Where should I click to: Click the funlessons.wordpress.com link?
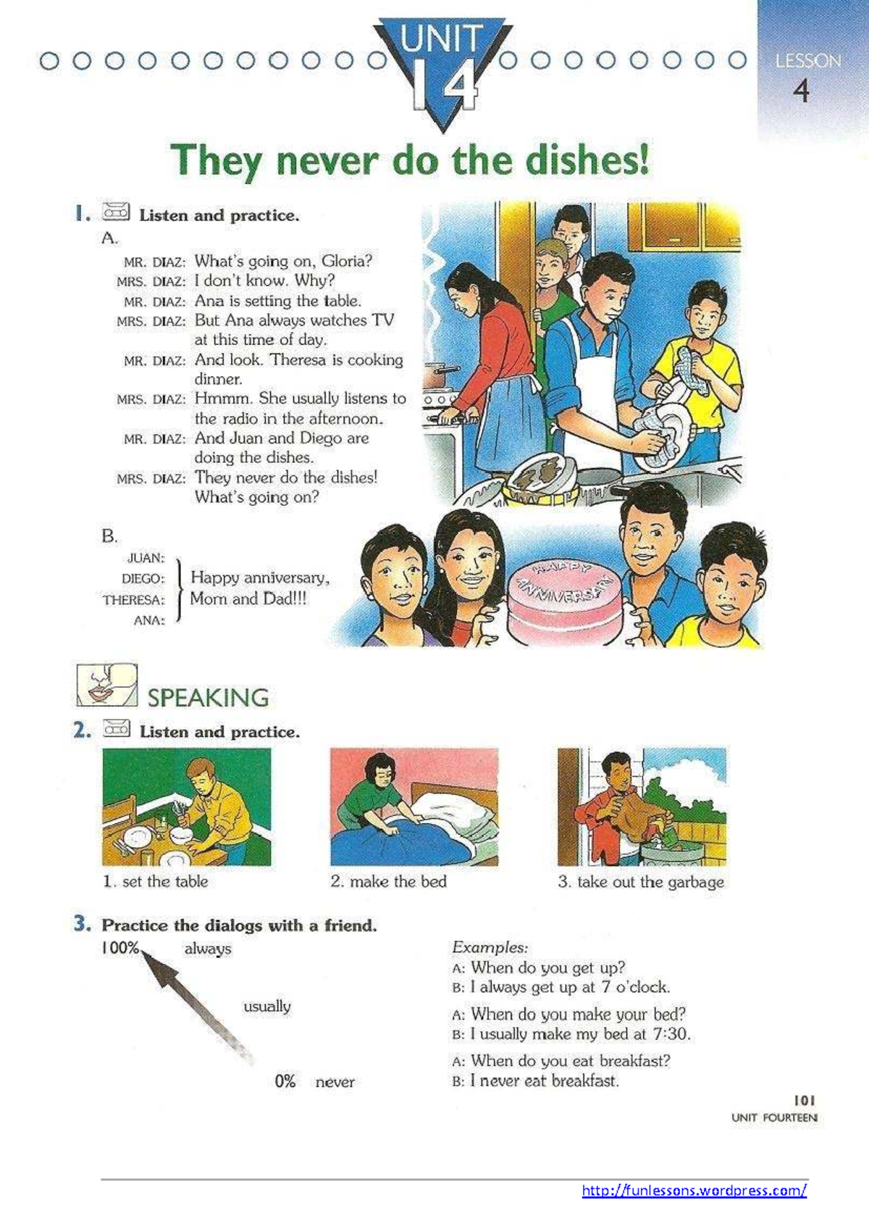[694, 1190]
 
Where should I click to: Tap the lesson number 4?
[800, 91]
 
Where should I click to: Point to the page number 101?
[804, 1100]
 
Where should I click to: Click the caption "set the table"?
[164, 882]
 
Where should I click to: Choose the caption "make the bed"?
[398, 882]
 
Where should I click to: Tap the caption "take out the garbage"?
[650, 882]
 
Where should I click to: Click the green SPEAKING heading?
[208, 698]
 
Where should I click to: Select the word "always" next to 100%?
[208, 949]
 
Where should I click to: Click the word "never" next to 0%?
[335, 1082]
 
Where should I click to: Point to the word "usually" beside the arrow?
[266, 1007]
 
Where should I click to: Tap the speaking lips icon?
[106, 685]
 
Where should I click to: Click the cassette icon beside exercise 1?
[116, 212]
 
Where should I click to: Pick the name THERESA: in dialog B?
[133, 600]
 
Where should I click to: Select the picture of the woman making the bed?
[414, 807]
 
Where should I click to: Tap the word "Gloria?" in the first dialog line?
[347, 261]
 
